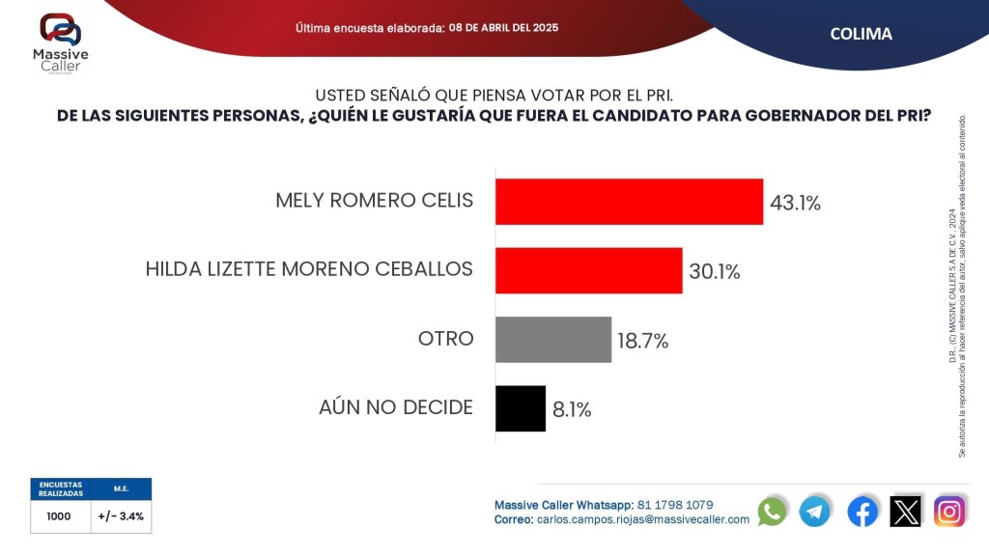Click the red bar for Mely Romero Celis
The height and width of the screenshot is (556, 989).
[x=629, y=202]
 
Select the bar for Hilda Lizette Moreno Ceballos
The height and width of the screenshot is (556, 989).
[x=588, y=270]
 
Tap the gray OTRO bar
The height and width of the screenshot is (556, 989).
[x=553, y=339]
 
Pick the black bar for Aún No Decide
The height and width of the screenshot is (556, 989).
[x=521, y=408]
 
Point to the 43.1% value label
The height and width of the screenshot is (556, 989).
[x=795, y=203]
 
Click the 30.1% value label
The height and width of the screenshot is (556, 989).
[x=715, y=272]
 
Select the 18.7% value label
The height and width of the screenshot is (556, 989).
[x=643, y=341]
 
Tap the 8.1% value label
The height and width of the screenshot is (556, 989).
[x=572, y=409]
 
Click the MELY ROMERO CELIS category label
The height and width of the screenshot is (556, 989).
[x=374, y=201]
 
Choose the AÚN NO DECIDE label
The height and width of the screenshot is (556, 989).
[x=396, y=407]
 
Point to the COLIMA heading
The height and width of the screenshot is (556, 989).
[x=861, y=34]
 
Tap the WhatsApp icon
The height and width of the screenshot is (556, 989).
[x=772, y=511]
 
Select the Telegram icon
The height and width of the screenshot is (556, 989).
[x=814, y=511]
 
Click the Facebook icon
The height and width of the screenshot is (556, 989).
[x=862, y=511]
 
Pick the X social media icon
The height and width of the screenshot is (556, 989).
[x=906, y=511]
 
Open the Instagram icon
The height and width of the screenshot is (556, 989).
[x=949, y=511]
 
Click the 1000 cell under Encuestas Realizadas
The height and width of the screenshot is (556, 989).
[x=59, y=516]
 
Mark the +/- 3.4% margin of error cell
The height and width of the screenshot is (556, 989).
[x=121, y=516]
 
